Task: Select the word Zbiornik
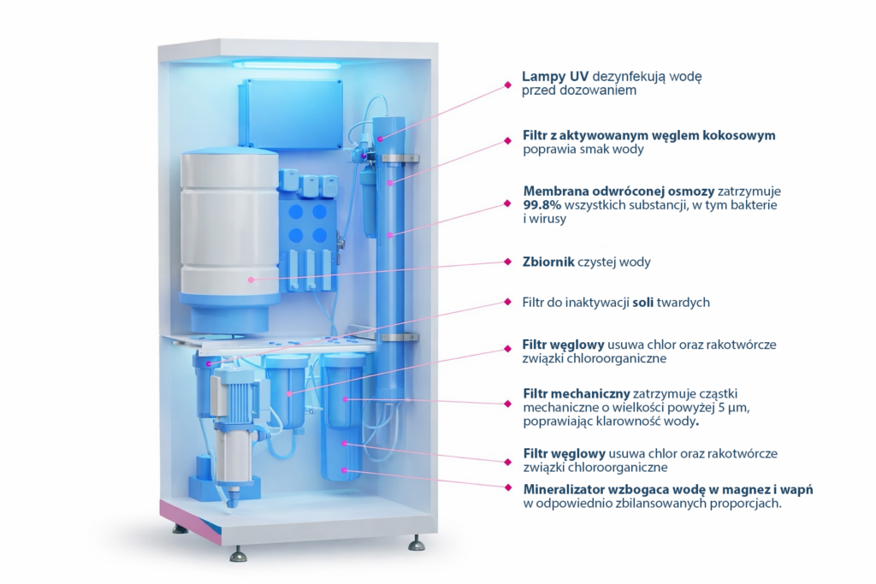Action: [548, 262]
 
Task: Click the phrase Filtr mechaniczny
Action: [576, 393]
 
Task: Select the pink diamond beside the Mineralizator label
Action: [511, 489]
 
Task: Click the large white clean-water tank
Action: [228, 231]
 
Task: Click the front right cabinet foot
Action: [415, 543]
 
